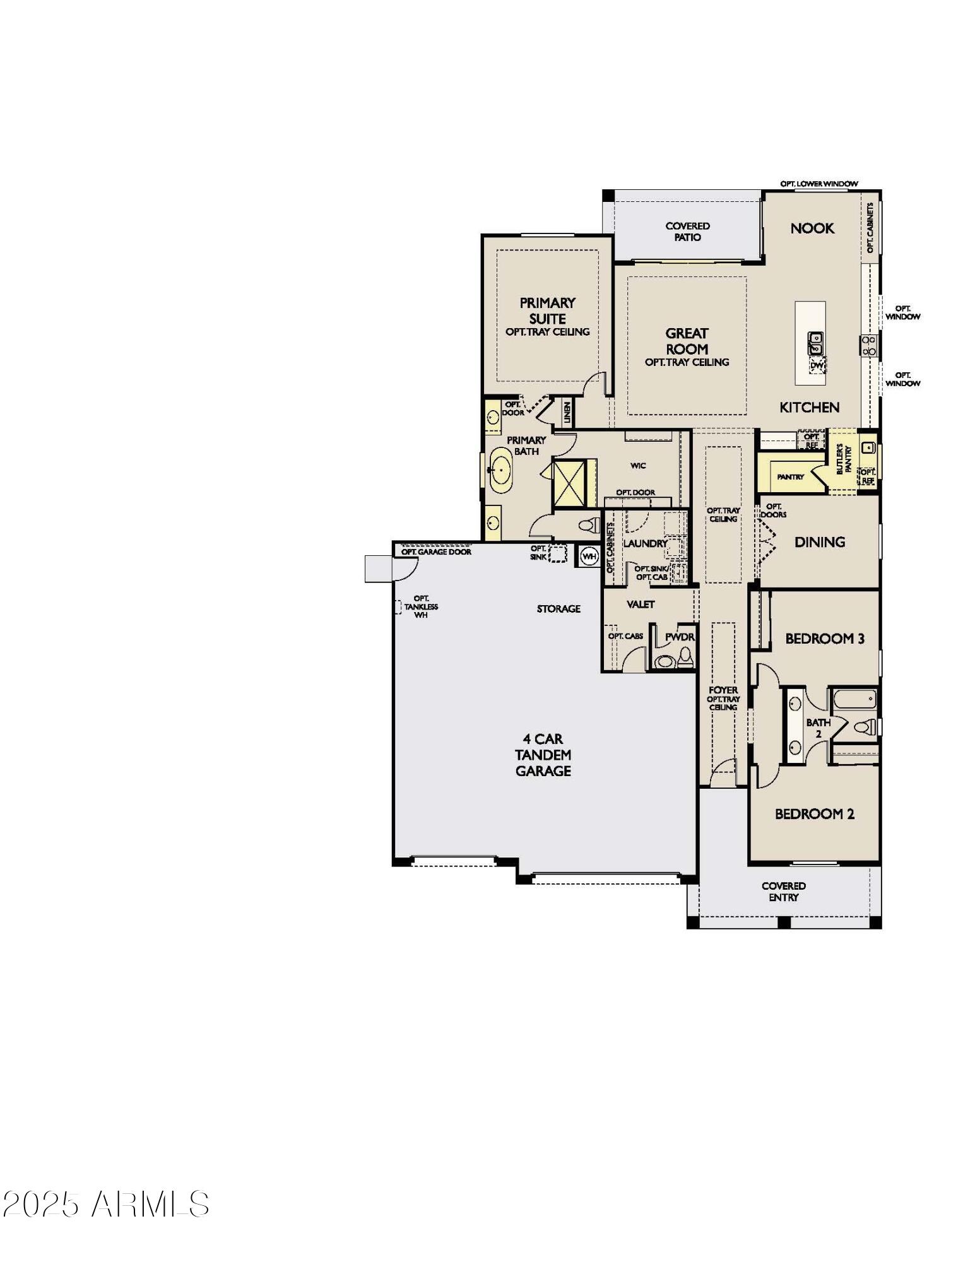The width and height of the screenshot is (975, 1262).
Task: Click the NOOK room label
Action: coord(812,228)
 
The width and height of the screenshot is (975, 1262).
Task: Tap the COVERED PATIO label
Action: coord(687,232)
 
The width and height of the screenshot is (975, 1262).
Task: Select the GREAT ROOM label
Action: coord(687,341)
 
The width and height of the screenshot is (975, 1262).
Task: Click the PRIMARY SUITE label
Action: coord(547,310)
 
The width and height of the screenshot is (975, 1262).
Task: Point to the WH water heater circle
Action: coord(589,557)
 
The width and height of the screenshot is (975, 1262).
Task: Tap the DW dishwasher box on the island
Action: coord(817,365)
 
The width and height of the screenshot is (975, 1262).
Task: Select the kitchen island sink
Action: coord(815,343)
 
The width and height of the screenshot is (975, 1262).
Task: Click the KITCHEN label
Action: coord(809,408)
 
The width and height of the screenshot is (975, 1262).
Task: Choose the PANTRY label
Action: coord(790,477)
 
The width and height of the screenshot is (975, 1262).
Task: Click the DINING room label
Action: coord(819,542)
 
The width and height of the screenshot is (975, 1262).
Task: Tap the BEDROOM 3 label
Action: coord(824,639)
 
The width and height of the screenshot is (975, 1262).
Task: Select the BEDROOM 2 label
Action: coord(814,814)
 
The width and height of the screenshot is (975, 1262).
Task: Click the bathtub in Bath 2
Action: coord(854,700)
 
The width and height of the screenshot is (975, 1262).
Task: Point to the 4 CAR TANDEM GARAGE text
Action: coord(543,755)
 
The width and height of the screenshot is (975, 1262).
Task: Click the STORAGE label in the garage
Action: coord(558,609)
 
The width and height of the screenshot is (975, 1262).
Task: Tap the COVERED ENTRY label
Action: coord(783,892)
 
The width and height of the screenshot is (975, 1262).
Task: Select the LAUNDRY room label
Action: coord(645,543)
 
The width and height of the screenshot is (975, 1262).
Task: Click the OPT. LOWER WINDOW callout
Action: coord(818,184)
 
